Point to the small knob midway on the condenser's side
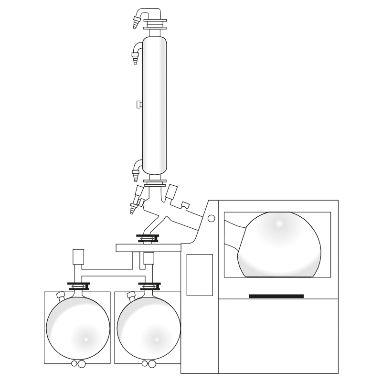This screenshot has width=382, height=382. [x=138, y=104]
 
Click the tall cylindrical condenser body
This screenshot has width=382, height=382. [x=155, y=105]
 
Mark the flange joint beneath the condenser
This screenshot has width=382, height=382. [x=156, y=182]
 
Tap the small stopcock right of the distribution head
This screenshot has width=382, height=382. [x=185, y=206]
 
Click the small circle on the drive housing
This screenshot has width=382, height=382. [x=212, y=218]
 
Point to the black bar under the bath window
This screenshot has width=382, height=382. [x=276, y=296]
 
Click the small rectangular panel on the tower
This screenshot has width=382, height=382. [x=199, y=275]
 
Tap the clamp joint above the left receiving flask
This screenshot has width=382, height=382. [x=79, y=286]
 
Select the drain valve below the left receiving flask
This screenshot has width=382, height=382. [x=77, y=364]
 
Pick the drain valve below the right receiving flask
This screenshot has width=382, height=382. [x=148, y=364]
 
